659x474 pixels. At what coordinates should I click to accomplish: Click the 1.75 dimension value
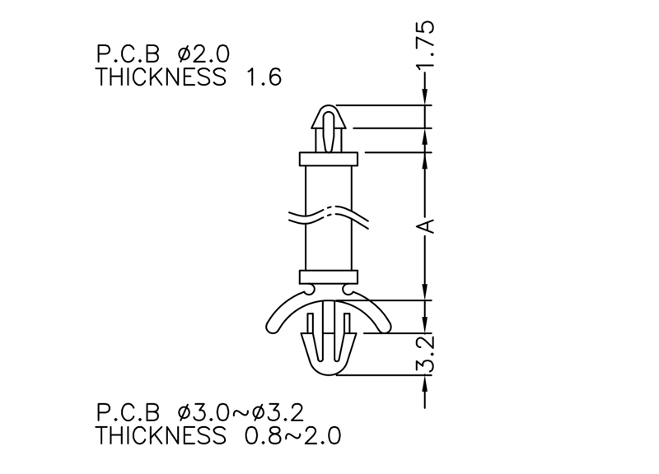click(425, 44)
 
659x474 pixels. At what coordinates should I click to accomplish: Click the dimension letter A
click(425, 225)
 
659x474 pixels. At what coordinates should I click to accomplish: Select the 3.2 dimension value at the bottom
click(425, 354)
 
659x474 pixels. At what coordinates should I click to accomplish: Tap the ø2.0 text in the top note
click(203, 54)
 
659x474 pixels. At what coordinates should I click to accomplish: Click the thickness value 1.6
click(264, 77)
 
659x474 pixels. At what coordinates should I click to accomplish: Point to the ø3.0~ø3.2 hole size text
click(241, 412)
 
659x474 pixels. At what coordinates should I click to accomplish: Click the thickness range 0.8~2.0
click(293, 435)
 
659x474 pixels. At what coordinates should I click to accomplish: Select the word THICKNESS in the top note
click(161, 77)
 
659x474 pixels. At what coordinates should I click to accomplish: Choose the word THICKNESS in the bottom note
click(161, 435)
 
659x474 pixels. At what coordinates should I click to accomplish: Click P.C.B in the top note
click(129, 54)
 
